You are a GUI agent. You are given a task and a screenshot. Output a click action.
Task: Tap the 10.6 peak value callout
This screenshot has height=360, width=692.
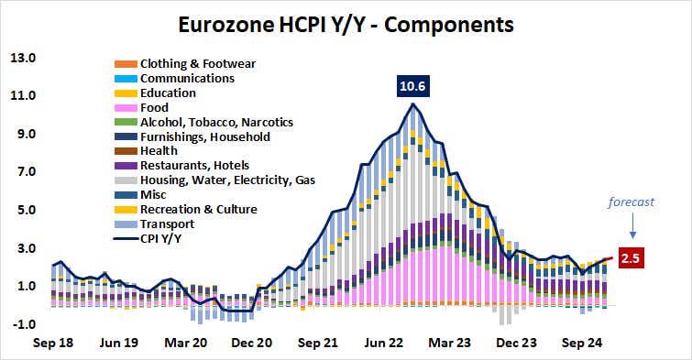pyautogui.click(x=413, y=87)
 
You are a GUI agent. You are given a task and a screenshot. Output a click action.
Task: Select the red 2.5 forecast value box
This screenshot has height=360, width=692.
pyautogui.click(x=632, y=257)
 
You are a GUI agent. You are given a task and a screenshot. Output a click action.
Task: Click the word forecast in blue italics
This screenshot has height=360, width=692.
pyautogui.click(x=633, y=202)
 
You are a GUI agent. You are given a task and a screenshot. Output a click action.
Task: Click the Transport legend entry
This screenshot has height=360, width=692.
pyautogui.click(x=166, y=224)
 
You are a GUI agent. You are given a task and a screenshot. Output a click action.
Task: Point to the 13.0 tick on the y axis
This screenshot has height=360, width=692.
pyautogui.click(x=23, y=58)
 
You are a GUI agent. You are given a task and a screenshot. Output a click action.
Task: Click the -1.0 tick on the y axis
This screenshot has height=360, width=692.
pyautogui.click(x=23, y=324)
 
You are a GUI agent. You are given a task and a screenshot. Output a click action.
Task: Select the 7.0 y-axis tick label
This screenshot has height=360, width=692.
pyautogui.click(x=23, y=172)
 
